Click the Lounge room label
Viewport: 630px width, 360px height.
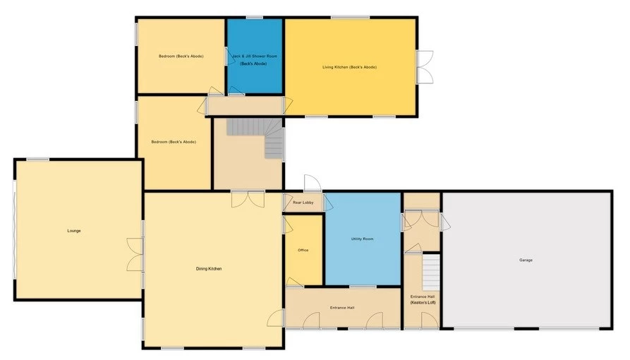click(74, 231)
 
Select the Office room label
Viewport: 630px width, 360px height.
click(303, 251)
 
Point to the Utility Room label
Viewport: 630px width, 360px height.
click(362, 239)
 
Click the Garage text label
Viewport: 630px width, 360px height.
click(526, 260)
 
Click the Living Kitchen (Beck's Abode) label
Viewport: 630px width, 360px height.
click(349, 67)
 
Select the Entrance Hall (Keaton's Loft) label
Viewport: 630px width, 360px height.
click(423, 299)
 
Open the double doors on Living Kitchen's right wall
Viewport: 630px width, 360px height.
click(424, 67)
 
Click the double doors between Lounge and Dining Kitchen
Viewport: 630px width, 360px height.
click(134, 255)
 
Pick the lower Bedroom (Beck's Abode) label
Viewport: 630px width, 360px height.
click(173, 142)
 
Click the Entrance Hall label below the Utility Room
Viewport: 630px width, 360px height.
click(341, 308)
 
